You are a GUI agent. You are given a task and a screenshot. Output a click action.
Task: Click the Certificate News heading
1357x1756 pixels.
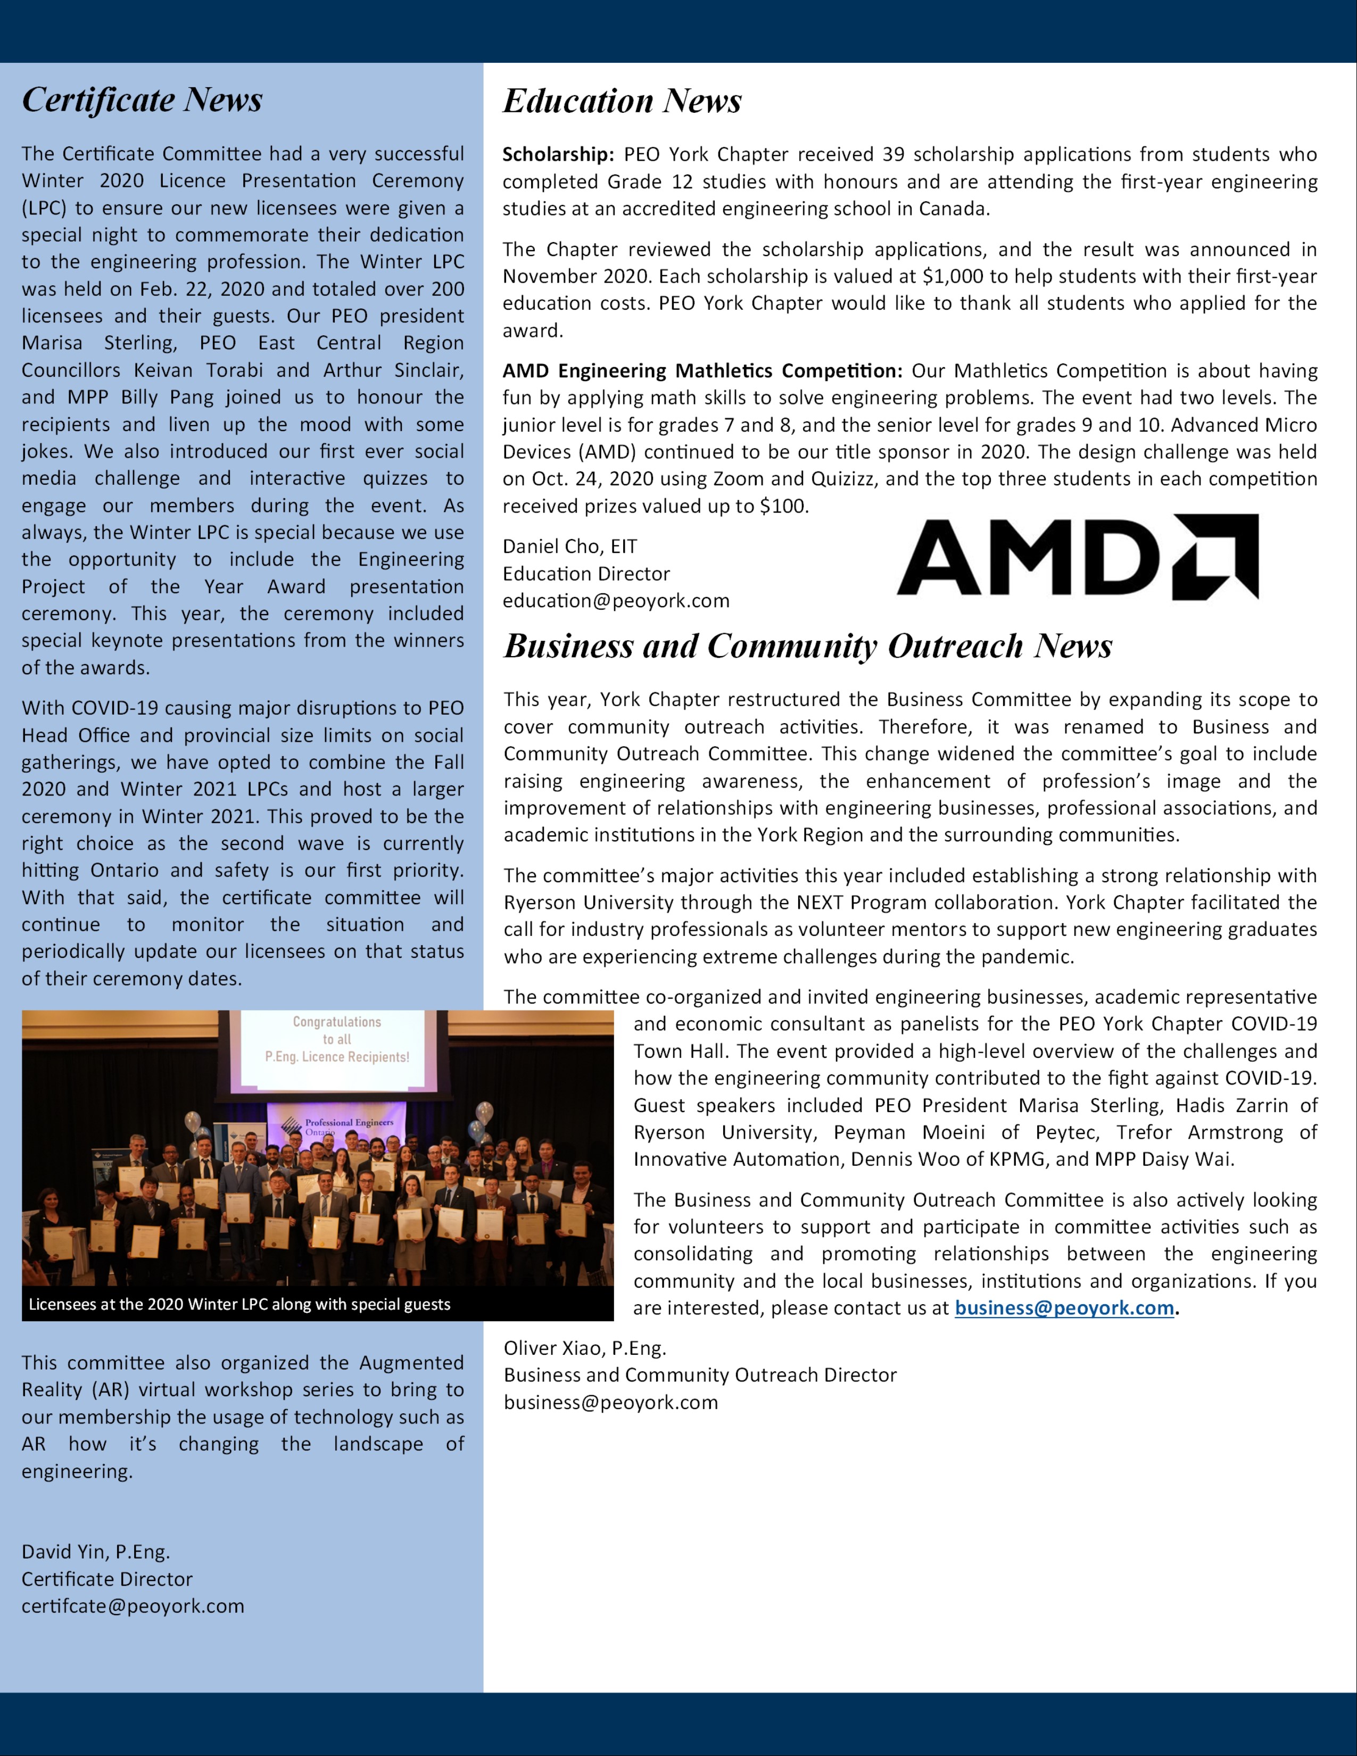[142, 100]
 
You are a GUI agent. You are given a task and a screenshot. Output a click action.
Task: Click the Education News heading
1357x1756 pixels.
[622, 101]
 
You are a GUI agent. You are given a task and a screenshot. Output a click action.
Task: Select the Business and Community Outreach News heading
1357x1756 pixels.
[807, 647]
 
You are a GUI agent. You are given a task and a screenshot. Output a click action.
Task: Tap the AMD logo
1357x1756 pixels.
[1077, 557]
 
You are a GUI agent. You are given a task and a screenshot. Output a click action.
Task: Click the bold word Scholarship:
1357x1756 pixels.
[558, 154]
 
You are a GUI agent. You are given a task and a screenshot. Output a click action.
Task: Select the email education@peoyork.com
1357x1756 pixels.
[616, 601]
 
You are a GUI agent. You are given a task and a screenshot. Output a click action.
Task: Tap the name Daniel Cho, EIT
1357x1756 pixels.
[569, 546]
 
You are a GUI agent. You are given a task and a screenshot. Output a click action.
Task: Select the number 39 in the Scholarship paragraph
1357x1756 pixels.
[893, 154]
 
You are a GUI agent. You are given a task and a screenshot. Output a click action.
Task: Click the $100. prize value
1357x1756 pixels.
[784, 506]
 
